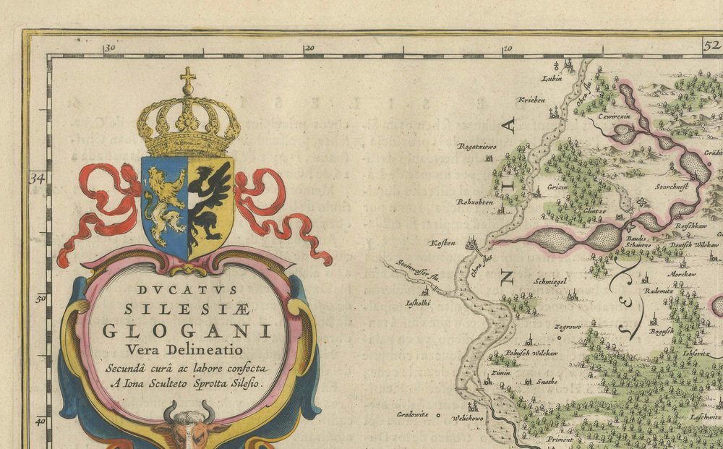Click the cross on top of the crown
(188, 79)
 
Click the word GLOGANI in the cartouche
(187, 331)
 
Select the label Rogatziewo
(475, 147)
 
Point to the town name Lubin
(552, 78)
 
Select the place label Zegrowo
(567, 327)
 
